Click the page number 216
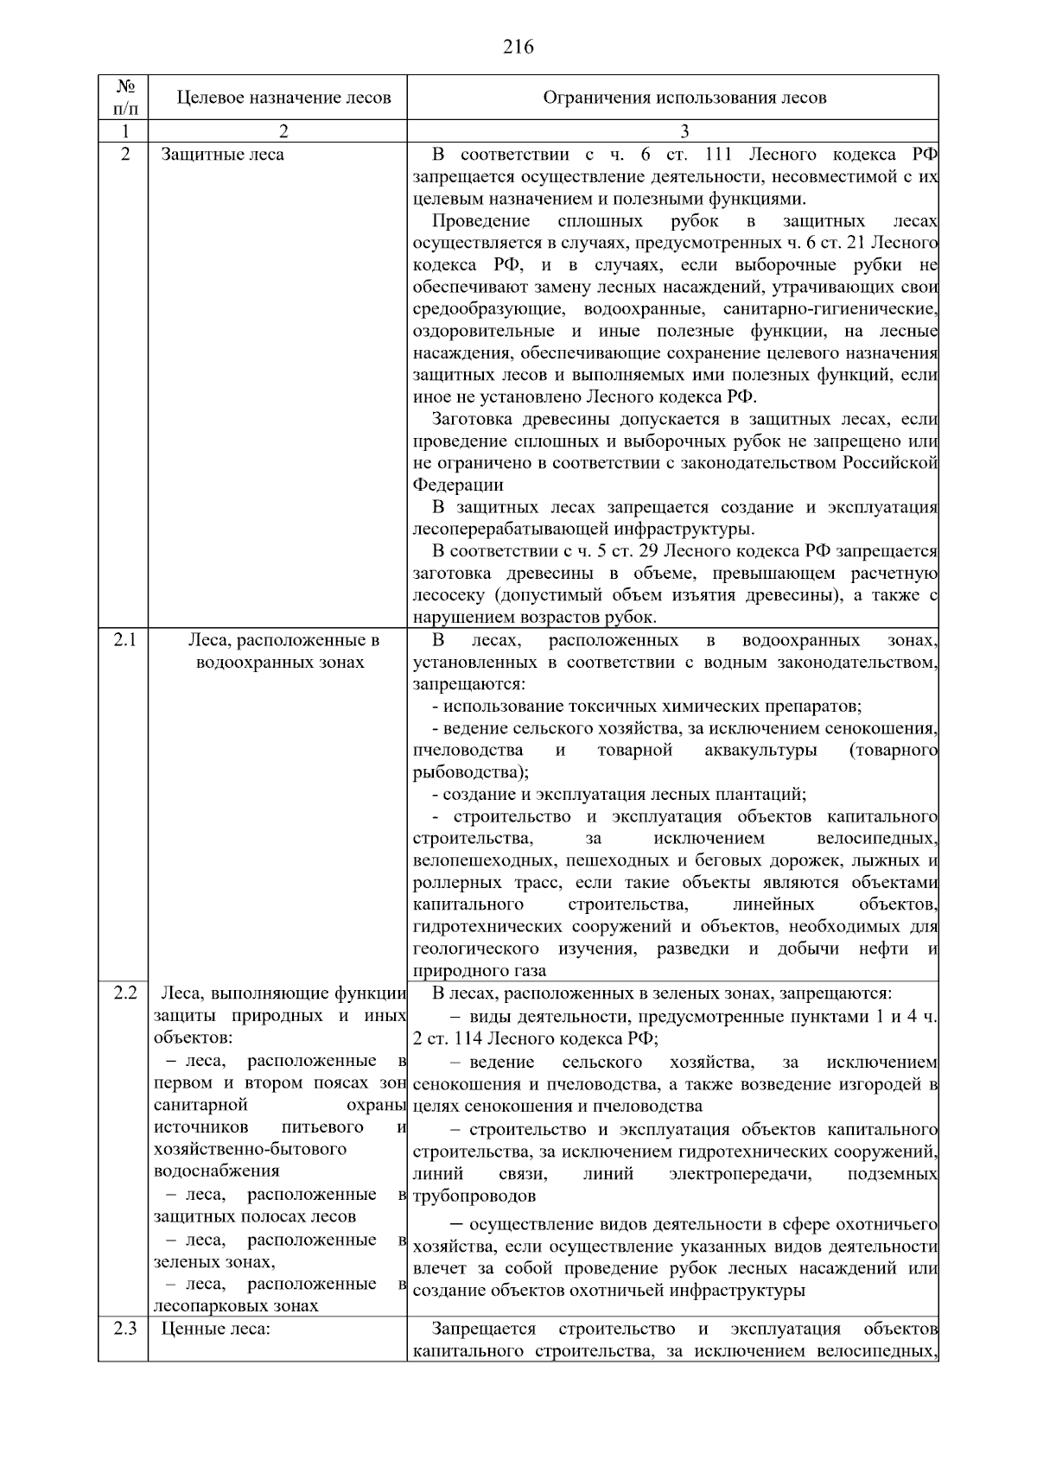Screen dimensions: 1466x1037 [x=518, y=48]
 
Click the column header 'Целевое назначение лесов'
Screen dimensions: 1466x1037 [x=283, y=98]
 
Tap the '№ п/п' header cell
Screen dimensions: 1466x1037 [x=124, y=98]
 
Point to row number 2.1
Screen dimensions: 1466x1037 [x=124, y=641]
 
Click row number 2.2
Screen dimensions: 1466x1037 [x=124, y=993]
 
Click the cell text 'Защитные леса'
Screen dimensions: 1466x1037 [x=223, y=155]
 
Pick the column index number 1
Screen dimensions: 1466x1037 [x=124, y=132]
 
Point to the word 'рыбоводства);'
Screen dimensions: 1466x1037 [x=471, y=772]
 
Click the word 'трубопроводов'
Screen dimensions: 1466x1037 [x=474, y=1196]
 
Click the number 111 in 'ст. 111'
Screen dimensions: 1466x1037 [x=718, y=155]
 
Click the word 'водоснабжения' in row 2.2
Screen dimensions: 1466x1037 [x=216, y=1171]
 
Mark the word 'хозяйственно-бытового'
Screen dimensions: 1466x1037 [x=250, y=1150]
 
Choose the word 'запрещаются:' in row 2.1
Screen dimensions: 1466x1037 [x=468, y=685]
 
